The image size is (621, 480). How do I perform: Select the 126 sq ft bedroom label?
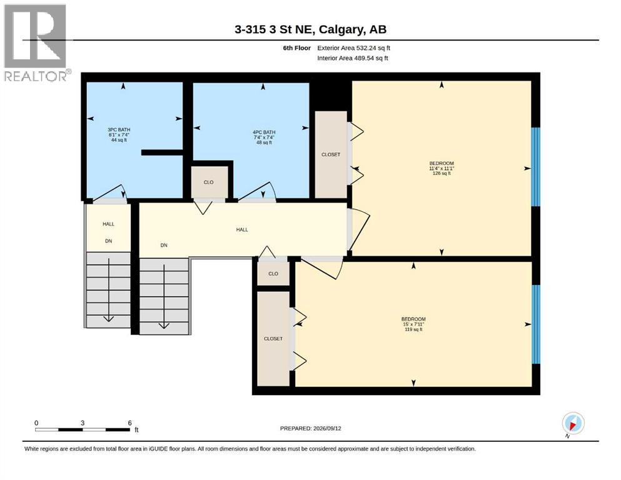coord(442,168)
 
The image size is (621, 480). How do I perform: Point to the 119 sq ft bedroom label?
coord(413,324)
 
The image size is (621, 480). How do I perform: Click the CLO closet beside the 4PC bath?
coord(209,182)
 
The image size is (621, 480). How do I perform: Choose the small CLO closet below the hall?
coord(273,274)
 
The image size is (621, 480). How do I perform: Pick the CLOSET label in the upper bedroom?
coord(331,155)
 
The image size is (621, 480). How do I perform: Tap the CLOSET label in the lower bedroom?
coord(273,339)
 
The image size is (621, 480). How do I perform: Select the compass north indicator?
coord(573,424)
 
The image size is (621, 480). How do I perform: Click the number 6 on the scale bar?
coord(129,422)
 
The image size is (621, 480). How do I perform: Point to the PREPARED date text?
coord(310,428)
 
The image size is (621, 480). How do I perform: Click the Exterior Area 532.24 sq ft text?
coord(354,48)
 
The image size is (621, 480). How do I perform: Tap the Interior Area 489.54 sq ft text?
coord(353,58)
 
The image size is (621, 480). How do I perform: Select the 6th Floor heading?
coord(296,48)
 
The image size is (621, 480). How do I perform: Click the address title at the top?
coord(310,29)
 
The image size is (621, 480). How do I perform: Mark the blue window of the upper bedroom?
coord(535,167)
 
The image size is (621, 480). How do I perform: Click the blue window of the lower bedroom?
coord(535,324)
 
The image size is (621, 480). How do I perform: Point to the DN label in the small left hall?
coord(109,241)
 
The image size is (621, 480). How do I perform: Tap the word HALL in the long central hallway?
coord(242,229)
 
